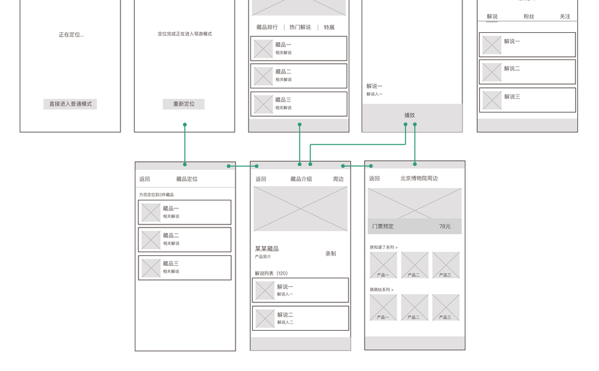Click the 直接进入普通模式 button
click(x=70, y=104)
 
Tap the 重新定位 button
click(x=184, y=104)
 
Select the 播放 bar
click(x=410, y=115)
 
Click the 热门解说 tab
click(x=300, y=27)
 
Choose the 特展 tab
click(x=329, y=27)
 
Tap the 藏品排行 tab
click(x=267, y=27)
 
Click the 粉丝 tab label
click(x=529, y=17)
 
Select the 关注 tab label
click(x=565, y=17)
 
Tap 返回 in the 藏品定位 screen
click(x=145, y=179)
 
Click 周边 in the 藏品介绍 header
click(x=338, y=179)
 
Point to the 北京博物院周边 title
click(x=419, y=179)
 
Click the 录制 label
click(x=331, y=254)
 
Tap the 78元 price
click(x=445, y=227)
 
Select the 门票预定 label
click(x=383, y=227)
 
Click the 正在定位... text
click(x=71, y=35)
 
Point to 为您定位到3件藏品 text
click(x=156, y=195)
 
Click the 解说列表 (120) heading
click(x=271, y=273)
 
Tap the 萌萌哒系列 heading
click(x=383, y=289)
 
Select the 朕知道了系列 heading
click(x=383, y=247)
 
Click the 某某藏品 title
click(x=266, y=249)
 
